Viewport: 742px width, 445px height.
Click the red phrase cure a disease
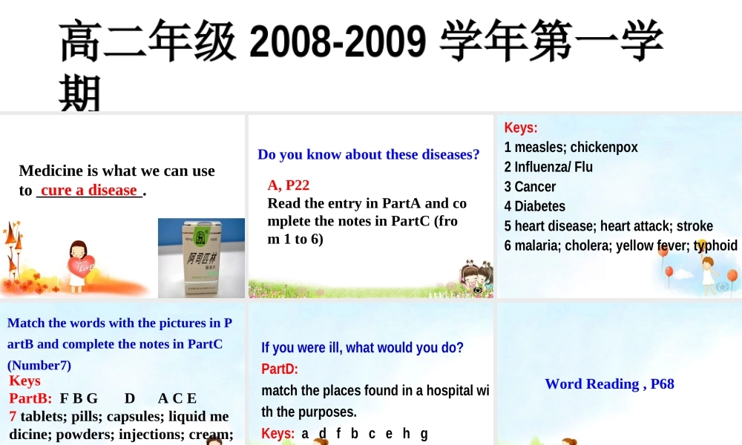coord(89,190)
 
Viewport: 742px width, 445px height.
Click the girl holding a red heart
coord(79,266)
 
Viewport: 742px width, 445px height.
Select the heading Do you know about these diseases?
coord(368,154)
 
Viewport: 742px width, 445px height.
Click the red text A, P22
coord(288,185)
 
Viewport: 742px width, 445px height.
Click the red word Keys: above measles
coord(521,128)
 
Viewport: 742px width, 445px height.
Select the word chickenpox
coord(603,147)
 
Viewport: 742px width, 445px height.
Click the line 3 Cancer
coord(530,186)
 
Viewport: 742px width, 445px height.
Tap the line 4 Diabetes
coord(534,206)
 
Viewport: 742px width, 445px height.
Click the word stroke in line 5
coord(695,225)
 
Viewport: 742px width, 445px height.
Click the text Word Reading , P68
coord(609,383)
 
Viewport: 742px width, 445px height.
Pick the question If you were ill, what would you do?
coord(362,347)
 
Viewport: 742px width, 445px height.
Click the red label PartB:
coord(30,398)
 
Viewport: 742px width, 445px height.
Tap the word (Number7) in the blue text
coord(39,365)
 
